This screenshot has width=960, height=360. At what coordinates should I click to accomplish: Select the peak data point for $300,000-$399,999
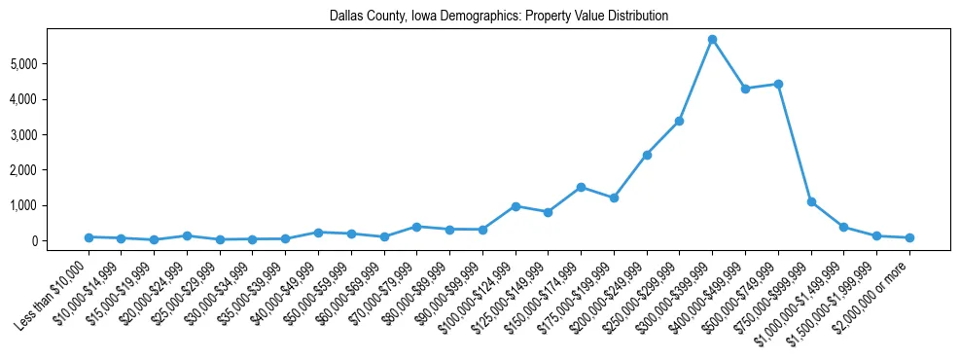tap(712, 40)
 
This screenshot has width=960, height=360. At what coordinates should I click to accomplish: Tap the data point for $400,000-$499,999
tap(745, 89)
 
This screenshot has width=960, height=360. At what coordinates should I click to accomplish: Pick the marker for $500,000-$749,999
tap(778, 84)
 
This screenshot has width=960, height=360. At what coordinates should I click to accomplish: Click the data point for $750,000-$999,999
tap(811, 201)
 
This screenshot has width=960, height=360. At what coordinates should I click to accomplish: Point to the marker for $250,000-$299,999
tap(679, 121)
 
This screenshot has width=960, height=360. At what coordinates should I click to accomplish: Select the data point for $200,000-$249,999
tap(647, 155)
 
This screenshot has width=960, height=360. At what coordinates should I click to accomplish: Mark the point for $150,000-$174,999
tap(581, 187)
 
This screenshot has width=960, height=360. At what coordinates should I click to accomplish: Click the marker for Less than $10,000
tap(89, 237)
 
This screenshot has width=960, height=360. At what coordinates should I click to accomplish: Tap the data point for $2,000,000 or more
tap(909, 237)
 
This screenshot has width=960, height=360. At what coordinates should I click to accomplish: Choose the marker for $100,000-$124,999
tap(516, 206)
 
